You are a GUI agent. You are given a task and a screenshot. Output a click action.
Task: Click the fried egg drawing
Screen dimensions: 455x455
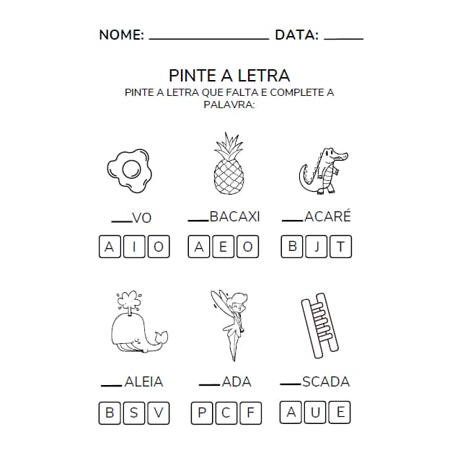(130, 170)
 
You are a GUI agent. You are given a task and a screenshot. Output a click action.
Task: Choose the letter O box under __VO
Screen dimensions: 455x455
(159, 247)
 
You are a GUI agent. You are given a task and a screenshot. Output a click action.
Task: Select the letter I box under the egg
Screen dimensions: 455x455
(134, 247)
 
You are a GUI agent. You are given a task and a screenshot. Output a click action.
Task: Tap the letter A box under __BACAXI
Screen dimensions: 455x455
(199, 247)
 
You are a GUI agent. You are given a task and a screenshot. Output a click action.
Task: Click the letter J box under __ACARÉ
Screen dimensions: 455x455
(317, 247)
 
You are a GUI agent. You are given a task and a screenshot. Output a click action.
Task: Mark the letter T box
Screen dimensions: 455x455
(341, 247)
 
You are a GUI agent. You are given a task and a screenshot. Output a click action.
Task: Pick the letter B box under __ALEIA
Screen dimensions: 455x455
(110, 413)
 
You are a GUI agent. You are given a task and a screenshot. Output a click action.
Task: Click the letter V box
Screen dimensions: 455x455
(159, 413)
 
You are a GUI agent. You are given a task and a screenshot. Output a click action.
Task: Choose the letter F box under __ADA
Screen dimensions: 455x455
(250, 413)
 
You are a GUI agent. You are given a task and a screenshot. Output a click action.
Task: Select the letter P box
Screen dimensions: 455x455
(201, 413)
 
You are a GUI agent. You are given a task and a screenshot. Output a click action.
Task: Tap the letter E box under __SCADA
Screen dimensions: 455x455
(340, 412)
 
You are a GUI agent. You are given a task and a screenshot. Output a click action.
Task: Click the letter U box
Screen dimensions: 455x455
(316, 412)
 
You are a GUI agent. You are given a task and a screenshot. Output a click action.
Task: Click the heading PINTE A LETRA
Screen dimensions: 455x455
(229, 76)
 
